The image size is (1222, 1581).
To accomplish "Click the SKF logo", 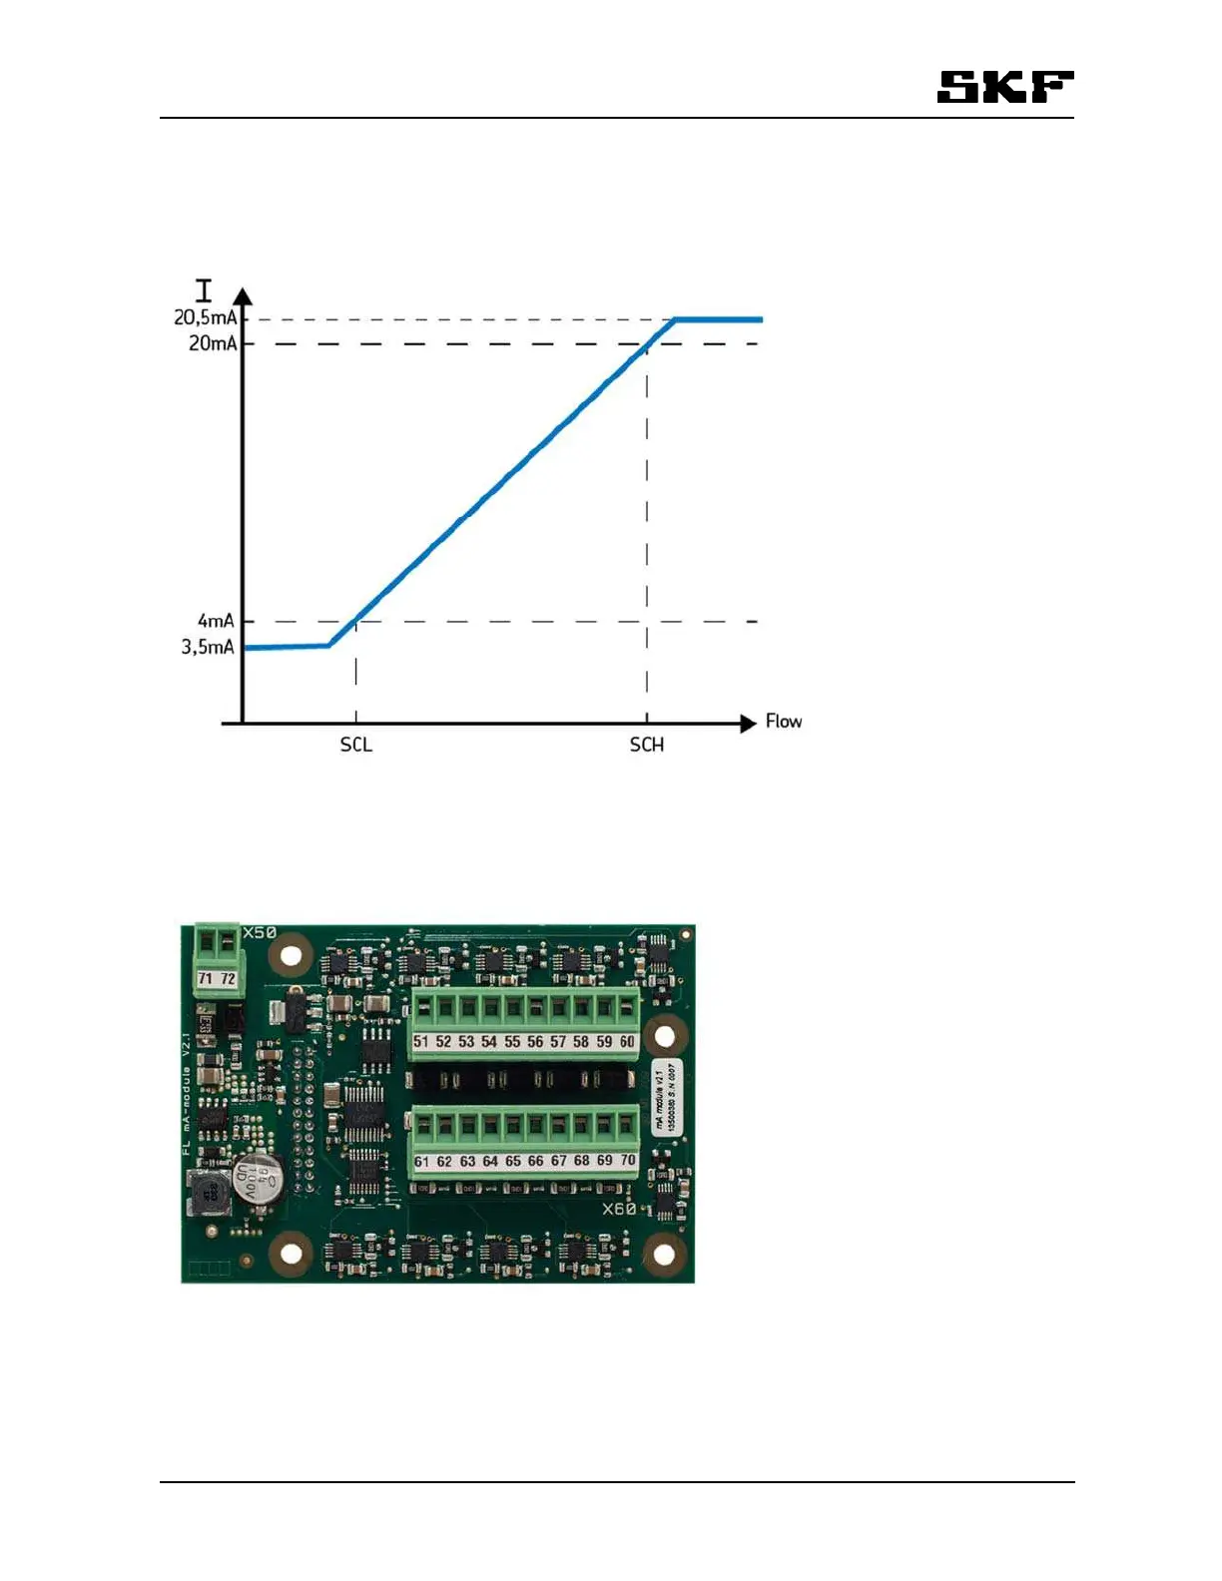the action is tap(1004, 87).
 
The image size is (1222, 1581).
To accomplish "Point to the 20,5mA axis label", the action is tap(206, 317).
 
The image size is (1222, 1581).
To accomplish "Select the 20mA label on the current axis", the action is tap(213, 343).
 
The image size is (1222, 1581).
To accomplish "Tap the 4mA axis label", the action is tap(216, 621).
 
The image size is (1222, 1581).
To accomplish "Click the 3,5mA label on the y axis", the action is tap(208, 647).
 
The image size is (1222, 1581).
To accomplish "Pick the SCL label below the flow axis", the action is tap(355, 745).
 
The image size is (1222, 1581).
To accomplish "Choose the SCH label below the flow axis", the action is tap(646, 745).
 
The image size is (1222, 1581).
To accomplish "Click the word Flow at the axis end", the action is tap(784, 721).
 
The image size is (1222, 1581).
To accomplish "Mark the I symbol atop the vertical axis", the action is tap(204, 290).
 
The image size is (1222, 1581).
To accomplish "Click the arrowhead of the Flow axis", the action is tap(748, 724).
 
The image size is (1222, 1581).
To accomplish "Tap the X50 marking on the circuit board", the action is tap(260, 932).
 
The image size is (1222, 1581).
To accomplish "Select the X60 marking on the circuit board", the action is tap(619, 1209).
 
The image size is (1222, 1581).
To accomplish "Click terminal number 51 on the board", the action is tap(421, 1042).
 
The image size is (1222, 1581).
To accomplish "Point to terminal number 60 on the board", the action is tap(627, 1042).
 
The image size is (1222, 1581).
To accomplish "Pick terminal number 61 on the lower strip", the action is tap(422, 1162).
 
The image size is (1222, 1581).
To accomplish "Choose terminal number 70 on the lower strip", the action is tap(627, 1161).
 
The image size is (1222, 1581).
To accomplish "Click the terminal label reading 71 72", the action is tap(217, 979).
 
